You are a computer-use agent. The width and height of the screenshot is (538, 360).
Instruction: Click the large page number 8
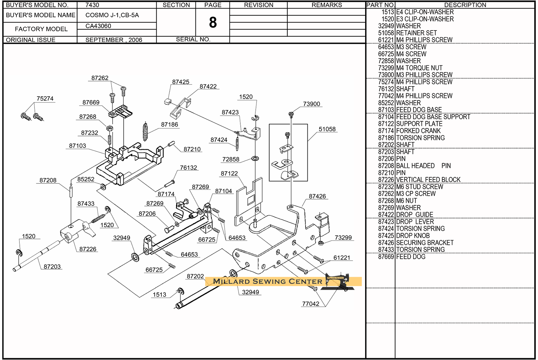pos(213,23)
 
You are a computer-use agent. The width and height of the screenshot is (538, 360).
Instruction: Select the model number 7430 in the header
pos(92,5)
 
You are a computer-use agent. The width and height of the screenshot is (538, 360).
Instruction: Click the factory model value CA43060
pos(98,26)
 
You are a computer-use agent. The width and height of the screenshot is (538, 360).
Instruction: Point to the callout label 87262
pos(100,78)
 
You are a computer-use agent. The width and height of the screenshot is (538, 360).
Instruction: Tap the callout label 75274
pos(45,98)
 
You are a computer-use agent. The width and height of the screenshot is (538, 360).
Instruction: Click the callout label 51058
pos(327,129)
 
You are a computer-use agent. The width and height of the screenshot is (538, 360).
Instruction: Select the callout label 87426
pos(317,196)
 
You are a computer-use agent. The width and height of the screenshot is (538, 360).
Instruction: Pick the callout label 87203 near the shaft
pos(52,267)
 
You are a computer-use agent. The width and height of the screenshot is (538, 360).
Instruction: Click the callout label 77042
pos(311,304)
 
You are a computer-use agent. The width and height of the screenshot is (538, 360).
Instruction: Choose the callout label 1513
pos(160,295)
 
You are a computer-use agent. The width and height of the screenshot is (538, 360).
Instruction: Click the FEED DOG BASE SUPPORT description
pos(433,117)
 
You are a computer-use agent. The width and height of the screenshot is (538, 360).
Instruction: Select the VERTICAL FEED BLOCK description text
pos(428,179)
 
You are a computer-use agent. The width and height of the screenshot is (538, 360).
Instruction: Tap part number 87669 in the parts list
pos(386,257)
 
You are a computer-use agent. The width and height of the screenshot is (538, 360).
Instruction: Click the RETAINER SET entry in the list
pos(416,33)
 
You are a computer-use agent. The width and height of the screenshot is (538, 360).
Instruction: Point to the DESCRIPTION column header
pos(465,5)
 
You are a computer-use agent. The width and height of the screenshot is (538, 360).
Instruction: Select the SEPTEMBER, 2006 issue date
pos(114,40)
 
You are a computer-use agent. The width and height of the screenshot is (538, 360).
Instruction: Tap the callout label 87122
pos(229,173)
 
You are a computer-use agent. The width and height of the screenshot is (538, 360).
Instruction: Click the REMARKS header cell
pos(326,5)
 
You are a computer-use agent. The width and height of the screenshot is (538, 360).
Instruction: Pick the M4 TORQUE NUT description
pos(419,68)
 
